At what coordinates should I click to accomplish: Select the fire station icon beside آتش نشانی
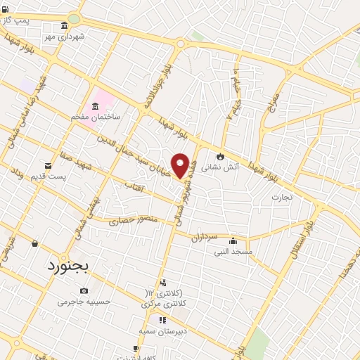click(220, 156)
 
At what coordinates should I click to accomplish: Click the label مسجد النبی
click(233, 251)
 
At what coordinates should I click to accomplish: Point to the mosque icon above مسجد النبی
click(233, 240)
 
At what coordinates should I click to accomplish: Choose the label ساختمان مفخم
click(95, 116)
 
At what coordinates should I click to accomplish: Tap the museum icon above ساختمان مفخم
click(95, 105)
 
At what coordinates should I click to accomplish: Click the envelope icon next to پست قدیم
click(48, 165)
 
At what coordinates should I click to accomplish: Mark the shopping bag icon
click(35, 243)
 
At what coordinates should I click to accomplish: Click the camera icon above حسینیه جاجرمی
click(84, 291)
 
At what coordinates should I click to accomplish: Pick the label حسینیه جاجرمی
click(84, 302)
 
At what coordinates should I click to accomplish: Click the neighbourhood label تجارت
click(286, 198)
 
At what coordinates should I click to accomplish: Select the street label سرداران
click(205, 238)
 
